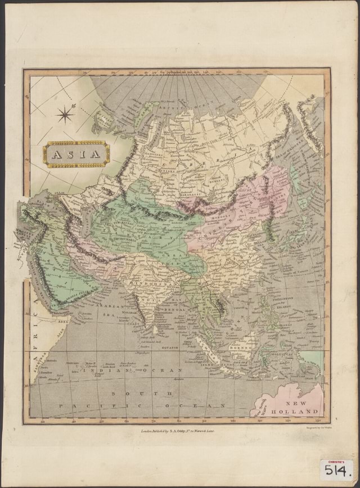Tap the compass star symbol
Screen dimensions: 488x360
[x=65, y=115]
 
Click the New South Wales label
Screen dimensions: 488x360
[x=262, y=405]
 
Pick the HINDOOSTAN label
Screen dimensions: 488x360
[x=150, y=286]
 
